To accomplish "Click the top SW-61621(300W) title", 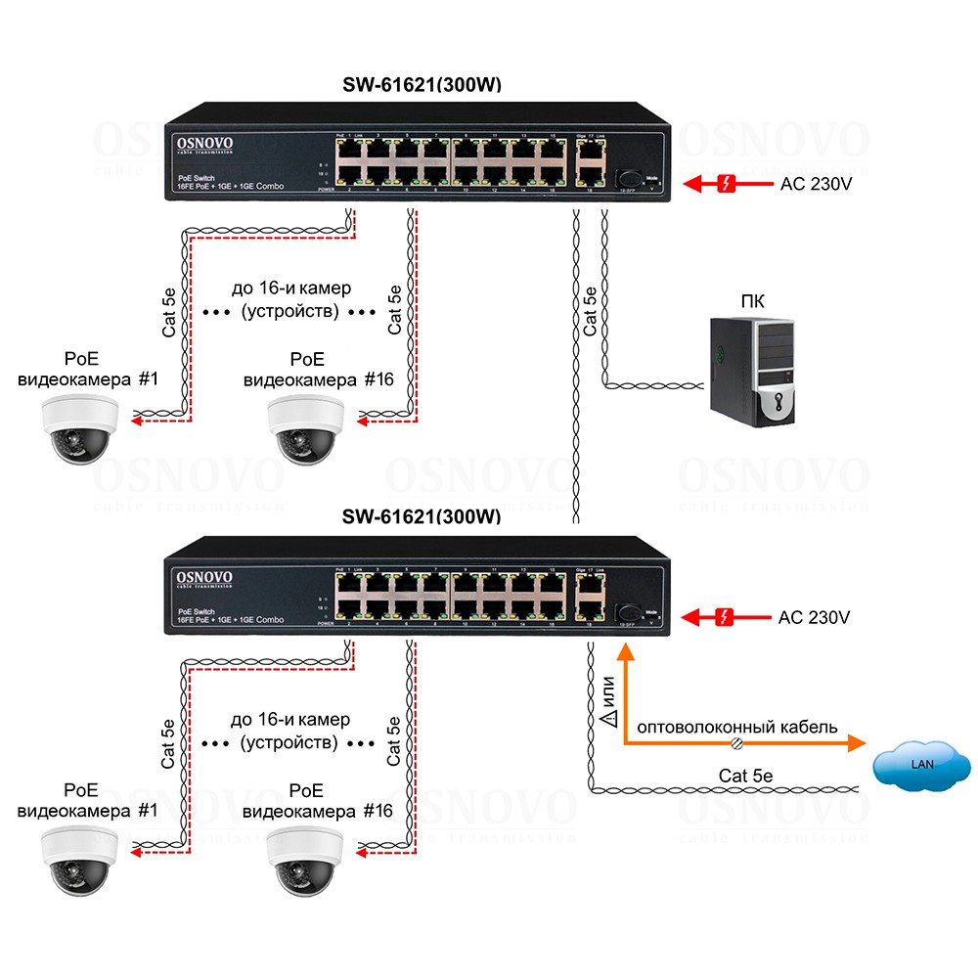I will tap(422, 84).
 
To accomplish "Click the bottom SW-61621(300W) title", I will tap(422, 515).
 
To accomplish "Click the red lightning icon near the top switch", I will tap(726, 183).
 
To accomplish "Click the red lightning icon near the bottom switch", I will tap(725, 617).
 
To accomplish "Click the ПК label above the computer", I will tap(752, 300).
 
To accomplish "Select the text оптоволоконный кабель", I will tap(737, 727).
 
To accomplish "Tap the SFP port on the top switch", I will tap(626, 179).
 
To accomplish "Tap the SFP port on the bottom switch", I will tap(626, 612).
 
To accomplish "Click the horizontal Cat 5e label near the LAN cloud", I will tap(745, 776).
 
